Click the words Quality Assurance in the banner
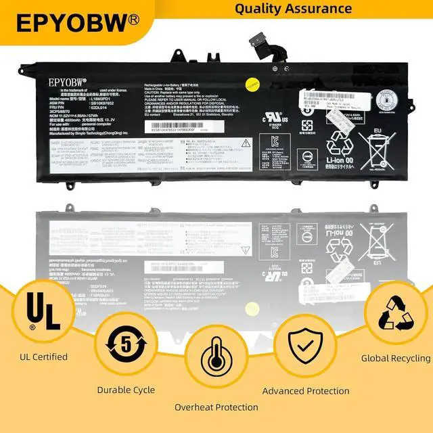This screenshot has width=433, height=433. pos(293,9)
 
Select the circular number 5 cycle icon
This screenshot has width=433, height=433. pos(125,344)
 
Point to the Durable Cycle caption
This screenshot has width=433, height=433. pos(126,390)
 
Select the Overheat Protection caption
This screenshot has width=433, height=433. pos(216,407)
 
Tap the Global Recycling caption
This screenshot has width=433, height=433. pos(396,358)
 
